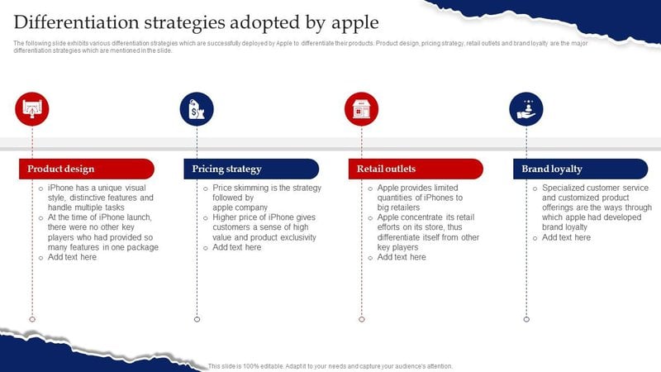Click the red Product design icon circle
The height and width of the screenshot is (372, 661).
tap(32, 109)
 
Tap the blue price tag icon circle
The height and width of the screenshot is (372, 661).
tap(197, 109)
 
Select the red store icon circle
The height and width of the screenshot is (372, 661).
tap(361, 109)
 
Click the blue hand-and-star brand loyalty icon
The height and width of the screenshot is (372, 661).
tap(525, 109)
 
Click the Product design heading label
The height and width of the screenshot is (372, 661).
tap(60, 169)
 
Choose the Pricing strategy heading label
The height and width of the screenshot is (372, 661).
tap(226, 169)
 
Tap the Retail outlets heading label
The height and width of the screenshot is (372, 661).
tap(386, 169)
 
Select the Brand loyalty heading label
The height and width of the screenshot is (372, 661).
tap(552, 169)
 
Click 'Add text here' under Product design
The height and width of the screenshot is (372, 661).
tap(72, 257)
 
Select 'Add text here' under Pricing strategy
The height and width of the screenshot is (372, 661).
tap(237, 247)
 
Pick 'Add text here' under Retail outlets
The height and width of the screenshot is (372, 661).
tap(402, 257)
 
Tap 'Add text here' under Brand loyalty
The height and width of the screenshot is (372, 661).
tap(566, 237)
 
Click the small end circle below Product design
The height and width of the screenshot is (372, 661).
tap(32, 318)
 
